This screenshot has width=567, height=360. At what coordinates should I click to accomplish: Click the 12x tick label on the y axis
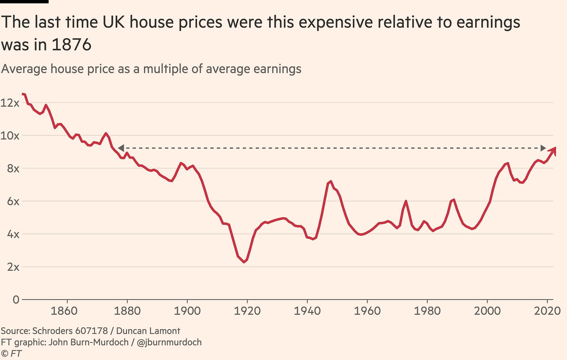click(10, 103)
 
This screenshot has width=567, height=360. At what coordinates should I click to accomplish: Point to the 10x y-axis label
click(10, 136)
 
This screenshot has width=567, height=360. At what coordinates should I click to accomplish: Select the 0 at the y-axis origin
click(16, 300)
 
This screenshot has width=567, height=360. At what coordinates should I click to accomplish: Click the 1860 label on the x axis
click(64, 311)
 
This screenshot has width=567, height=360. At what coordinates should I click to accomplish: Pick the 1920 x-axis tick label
click(247, 311)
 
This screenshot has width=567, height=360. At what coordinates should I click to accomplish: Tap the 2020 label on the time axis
click(547, 311)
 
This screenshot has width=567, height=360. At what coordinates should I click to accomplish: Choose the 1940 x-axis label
click(307, 311)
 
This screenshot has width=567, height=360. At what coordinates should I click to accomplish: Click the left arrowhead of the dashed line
click(121, 148)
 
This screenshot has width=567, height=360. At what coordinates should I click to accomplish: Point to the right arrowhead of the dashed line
click(543, 148)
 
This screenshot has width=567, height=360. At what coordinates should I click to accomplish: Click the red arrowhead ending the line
click(553, 151)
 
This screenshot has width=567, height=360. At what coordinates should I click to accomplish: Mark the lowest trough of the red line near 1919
click(244, 262)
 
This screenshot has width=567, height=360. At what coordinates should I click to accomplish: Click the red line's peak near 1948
click(331, 182)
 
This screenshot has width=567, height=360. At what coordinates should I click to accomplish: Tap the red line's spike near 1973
click(406, 201)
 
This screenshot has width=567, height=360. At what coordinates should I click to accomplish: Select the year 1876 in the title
click(71, 44)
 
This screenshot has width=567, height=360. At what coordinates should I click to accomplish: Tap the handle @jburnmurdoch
click(169, 342)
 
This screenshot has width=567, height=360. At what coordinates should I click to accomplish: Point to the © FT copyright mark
click(11, 353)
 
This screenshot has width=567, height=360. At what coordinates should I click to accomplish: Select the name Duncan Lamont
click(148, 331)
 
